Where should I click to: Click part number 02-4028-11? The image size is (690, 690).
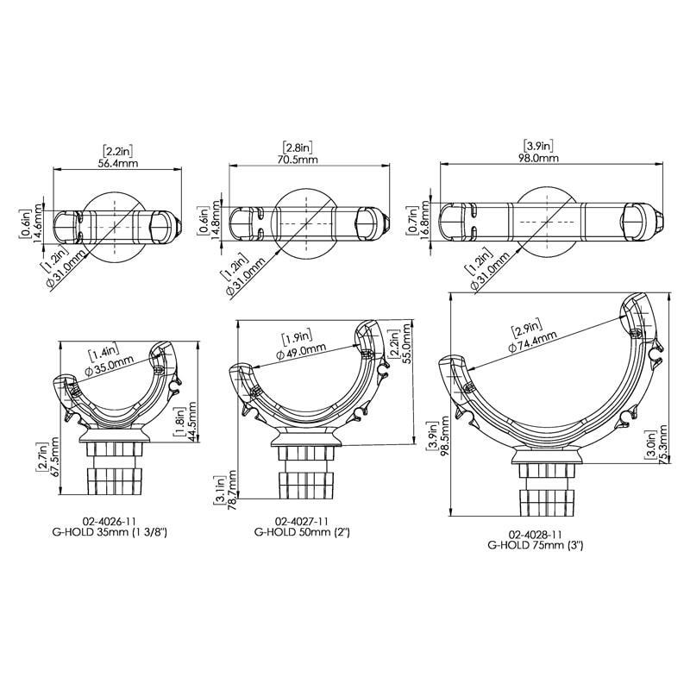point(539,534)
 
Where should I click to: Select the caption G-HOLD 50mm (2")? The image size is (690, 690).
point(302,533)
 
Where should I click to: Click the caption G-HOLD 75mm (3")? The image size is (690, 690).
point(539,545)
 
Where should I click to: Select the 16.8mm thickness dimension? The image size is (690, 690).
point(424,225)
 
